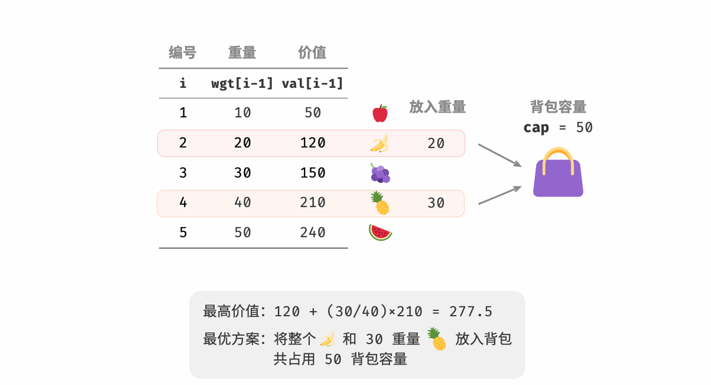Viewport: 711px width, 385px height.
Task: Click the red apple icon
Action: [380, 113]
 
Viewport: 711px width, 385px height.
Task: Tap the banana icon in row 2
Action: [379, 143]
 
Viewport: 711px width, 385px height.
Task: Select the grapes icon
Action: [380, 174]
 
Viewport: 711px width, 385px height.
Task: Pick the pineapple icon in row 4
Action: [380, 203]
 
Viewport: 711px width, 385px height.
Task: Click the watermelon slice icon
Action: [380, 233]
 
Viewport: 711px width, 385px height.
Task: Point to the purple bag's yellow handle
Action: [558, 158]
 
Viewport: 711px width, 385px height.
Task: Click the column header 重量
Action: [242, 53]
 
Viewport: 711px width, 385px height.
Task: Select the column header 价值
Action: [312, 53]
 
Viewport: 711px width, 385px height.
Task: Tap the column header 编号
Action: [183, 53]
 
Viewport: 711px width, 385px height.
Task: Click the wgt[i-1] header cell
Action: [242, 83]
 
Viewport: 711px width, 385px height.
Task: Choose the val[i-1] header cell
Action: [312, 83]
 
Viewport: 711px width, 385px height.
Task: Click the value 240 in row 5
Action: [312, 233]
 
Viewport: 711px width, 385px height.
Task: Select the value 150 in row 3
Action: [312, 173]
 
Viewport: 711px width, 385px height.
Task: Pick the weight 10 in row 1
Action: [242, 113]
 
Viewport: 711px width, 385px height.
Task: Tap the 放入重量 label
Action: [437, 107]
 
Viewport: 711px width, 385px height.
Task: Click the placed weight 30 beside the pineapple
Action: [436, 204]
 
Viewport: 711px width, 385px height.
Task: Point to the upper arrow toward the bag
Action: [500, 155]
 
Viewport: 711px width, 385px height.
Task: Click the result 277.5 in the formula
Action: [471, 311]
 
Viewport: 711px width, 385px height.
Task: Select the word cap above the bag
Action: [536, 128]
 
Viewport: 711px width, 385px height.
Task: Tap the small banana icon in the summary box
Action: [327, 339]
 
